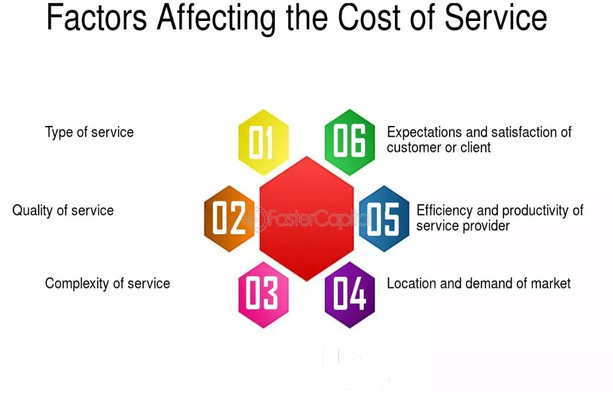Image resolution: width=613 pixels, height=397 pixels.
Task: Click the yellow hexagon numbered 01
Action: [263, 142]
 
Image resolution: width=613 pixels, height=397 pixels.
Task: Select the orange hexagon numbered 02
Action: [229, 218]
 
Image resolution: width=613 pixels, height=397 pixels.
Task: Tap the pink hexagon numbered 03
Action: [263, 294]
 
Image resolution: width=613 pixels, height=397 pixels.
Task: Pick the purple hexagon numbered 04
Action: [350, 294]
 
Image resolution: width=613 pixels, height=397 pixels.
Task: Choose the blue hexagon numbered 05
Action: [384, 218]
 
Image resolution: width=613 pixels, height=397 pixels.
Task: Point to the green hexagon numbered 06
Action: [350, 142]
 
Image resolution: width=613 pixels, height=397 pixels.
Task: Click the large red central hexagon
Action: [306, 218]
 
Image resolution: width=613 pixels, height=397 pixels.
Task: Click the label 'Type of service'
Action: [90, 133]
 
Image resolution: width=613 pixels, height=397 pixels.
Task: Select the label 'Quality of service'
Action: [63, 210]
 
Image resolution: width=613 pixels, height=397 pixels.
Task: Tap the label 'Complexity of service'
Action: [107, 284]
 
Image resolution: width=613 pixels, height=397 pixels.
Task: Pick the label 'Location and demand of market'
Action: [478, 284]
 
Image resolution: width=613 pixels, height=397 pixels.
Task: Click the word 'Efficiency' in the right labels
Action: [445, 210]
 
